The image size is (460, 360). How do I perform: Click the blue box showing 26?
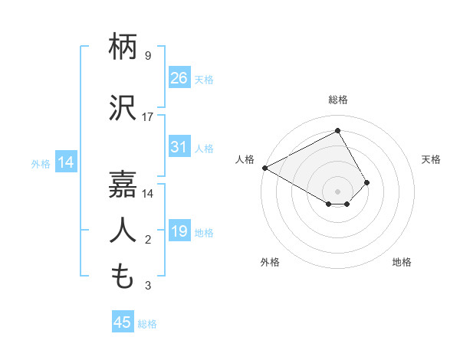(179, 77)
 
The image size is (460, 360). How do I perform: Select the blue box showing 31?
(179, 147)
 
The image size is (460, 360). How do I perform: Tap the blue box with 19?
(179, 231)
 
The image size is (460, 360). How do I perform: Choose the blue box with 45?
(123, 322)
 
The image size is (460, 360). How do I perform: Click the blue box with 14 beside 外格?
(65, 162)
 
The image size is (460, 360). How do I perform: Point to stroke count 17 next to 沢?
(148, 117)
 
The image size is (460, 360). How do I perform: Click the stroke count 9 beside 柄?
(148, 55)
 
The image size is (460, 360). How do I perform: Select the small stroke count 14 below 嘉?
(148, 194)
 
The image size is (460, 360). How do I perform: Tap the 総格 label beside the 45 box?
(147, 324)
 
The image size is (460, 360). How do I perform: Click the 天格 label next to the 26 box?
(204, 79)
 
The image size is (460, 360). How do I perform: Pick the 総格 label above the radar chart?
(337, 100)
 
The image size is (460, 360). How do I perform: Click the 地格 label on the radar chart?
(402, 262)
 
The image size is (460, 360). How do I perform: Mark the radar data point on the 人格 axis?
(264, 167)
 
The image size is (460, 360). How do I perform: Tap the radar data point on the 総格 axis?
(337, 130)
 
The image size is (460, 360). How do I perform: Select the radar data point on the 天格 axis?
(367, 182)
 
